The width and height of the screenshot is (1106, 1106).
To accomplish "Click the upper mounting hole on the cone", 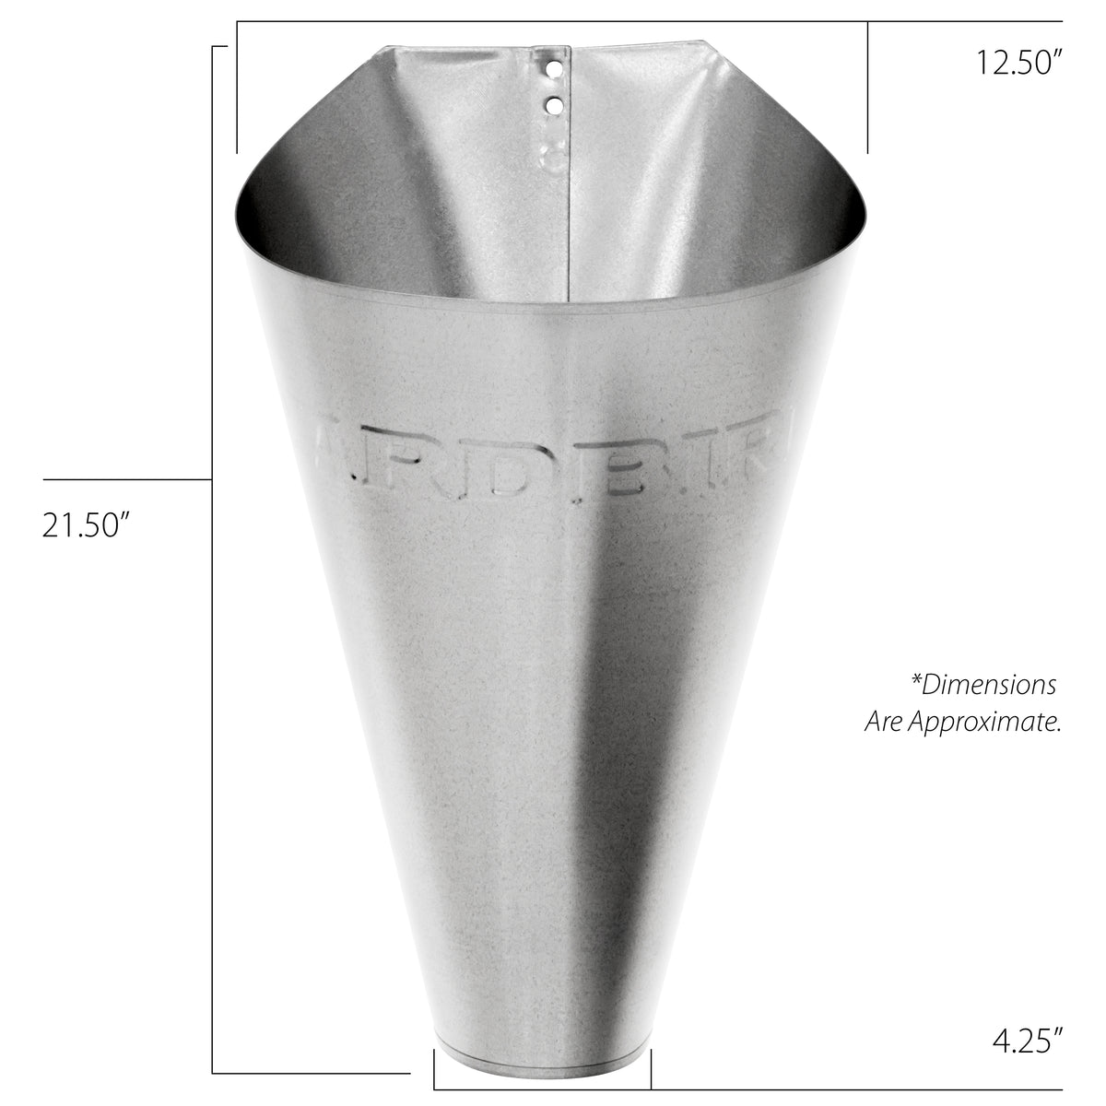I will (553, 68).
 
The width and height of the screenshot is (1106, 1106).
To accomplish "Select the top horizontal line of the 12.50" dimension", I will (645, 21).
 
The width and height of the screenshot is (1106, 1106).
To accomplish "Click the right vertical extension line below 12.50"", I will (867, 88).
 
